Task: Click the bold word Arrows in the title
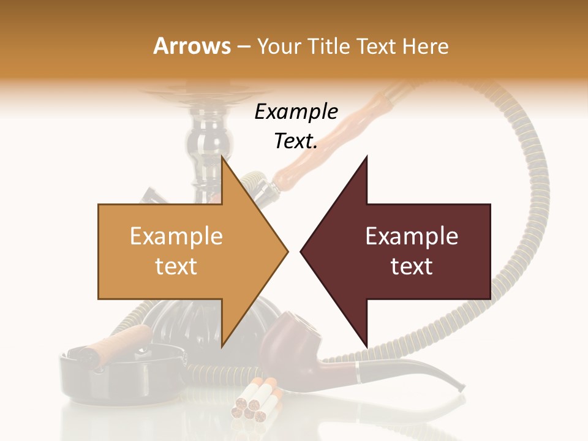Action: pyautogui.click(x=192, y=46)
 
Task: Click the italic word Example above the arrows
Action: pyautogui.click(x=296, y=112)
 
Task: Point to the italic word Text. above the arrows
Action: pyautogui.click(x=296, y=141)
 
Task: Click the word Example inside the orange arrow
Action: pyautogui.click(x=176, y=236)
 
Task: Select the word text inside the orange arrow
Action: pyautogui.click(x=176, y=266)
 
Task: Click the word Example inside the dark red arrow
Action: pyautogui.click(x=412, y=236)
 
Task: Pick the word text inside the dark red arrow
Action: pyautogui.click(x=412, y=266)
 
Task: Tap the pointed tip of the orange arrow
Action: pyautogui.click(x=287, y=251)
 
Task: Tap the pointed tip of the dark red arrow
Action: pyautogui.click(x=301, y=251)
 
